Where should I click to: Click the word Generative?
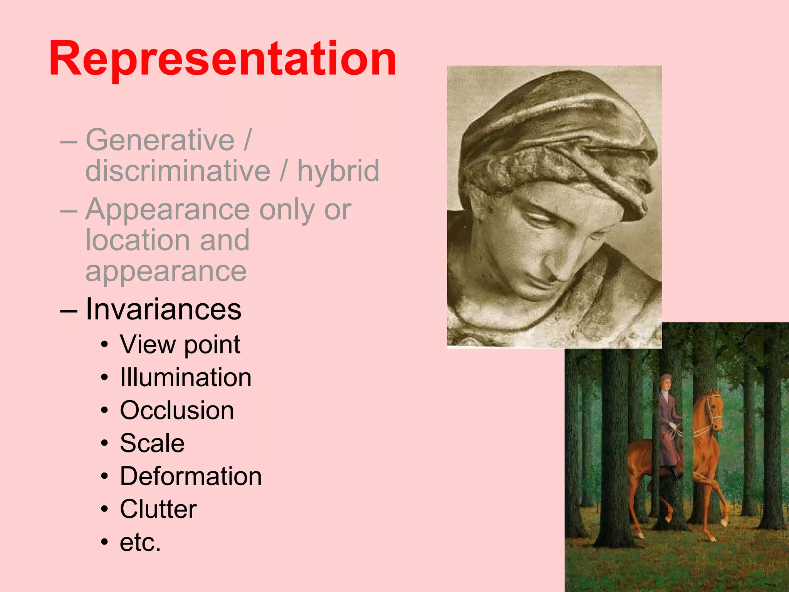[x=160, y=140]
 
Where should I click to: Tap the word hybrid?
[x=338, y=171]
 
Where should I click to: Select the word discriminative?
[x=178, y=171]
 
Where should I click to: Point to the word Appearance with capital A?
[x=168, y=210]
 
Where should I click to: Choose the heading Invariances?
[x=163, y=309]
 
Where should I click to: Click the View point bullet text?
[x=180, y=344]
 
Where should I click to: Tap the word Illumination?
[x=185, y=377]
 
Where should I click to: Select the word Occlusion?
[x=177, y=410]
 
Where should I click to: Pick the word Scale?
[x=152, y=443]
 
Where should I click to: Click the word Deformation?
[x=191, y=476]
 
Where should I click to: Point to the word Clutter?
[x=158, y=510]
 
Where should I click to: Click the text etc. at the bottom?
[x=140, y=542]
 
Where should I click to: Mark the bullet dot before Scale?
[x=104, y=444]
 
